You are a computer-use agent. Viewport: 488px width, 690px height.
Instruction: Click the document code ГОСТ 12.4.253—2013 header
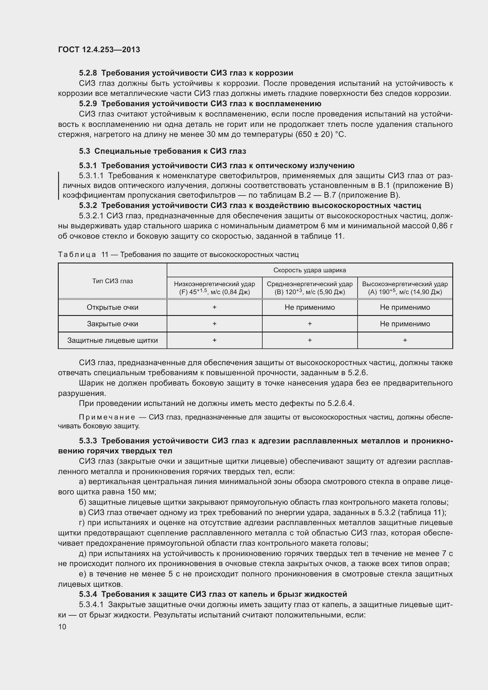tap(99, 50)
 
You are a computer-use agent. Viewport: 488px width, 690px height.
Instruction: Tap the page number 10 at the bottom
tap(62, 627)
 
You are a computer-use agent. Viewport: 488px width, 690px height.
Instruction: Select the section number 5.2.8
tap(88, 73)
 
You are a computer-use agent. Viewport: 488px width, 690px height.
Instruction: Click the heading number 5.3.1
tap(88, 165)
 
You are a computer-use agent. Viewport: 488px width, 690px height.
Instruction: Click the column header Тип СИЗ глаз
tap(112, 281)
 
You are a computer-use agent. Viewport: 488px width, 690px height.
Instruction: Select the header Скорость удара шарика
tap(309, 270)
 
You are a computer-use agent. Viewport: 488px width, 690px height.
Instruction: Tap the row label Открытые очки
tap(112, 307)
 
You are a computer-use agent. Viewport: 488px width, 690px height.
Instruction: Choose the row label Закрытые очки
tap(112, 324)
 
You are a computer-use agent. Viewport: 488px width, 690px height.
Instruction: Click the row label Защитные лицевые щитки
tap(112, 340)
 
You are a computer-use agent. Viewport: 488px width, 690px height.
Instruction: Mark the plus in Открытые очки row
tap(214, 307)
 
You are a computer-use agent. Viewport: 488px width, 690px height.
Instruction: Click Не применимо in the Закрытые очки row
tap(405, 324)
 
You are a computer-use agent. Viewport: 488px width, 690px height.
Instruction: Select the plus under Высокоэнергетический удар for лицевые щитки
tap(405, 340)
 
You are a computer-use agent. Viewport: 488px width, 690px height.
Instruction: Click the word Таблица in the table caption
tap(77, 255)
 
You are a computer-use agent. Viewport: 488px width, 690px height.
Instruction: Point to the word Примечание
tap(107, 417)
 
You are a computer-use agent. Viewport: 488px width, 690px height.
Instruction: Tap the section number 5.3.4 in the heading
tap(88, 594)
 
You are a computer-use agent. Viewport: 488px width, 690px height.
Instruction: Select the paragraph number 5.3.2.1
tap(91, 216)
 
